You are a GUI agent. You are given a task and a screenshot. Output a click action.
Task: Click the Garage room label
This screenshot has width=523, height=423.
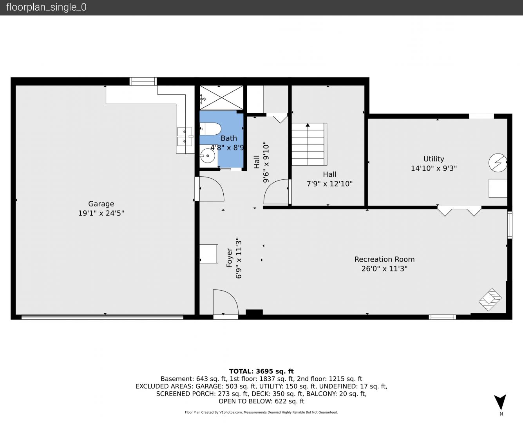(101, 204)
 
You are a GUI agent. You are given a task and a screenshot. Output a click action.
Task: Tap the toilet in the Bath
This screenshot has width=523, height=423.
(210, 129)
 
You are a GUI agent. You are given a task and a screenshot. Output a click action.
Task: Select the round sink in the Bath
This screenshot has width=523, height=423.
(208, 155)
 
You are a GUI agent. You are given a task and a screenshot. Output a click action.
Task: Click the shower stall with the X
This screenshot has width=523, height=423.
(221, 98)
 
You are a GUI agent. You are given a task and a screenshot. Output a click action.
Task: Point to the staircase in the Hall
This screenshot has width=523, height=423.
(309, 144)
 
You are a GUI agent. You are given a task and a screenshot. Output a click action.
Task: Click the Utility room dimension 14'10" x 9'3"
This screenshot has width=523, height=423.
(434, 168)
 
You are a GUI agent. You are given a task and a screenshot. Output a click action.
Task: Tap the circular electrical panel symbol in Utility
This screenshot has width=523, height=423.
(498, 163)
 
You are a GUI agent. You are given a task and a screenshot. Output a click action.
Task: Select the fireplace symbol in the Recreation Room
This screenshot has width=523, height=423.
(490, 300)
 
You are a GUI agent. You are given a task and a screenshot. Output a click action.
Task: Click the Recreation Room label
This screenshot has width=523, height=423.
(385, 259)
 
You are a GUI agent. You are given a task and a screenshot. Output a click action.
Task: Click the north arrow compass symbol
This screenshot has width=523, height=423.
(500, 402)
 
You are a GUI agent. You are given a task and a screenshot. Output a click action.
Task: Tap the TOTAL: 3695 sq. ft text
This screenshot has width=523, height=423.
(262, 371)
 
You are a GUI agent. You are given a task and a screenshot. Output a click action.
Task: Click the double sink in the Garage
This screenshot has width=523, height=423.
(185, 137)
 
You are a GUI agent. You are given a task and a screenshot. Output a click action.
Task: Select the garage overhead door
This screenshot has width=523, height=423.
(102, 317)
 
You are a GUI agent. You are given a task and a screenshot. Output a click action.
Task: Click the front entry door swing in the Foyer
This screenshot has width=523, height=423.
(226, 302)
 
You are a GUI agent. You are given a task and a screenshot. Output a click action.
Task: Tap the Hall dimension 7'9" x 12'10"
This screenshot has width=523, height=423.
(330, 184)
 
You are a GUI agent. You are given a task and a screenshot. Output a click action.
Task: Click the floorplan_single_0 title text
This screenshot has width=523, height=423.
(46, 7)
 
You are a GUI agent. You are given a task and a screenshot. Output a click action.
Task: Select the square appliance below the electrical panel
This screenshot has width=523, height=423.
(498, 188)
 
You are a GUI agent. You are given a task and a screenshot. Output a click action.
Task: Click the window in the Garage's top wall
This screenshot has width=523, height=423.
(143, 81)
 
